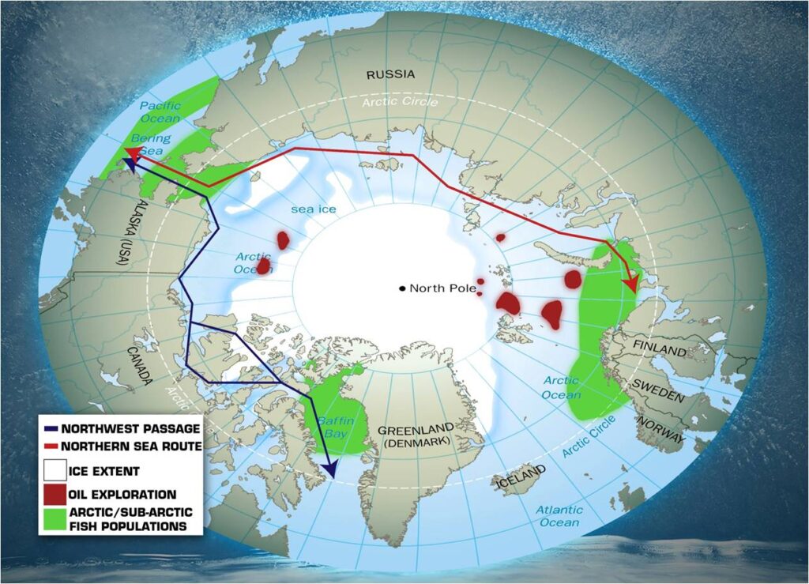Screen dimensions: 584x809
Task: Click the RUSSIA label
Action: [x=389, y=75]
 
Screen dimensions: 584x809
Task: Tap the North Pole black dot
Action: [x=403, y=288]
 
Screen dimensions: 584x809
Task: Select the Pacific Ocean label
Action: [x=160, y=111]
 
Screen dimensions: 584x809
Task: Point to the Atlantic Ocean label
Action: [x=559, y=516]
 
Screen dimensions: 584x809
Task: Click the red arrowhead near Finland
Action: [x=630, y=282]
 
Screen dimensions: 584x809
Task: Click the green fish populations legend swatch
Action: [x=55, y=518]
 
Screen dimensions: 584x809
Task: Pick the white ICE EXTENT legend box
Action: [x=55, y=472]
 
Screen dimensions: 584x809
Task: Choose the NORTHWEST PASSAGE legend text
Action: [x=130, y=429]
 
